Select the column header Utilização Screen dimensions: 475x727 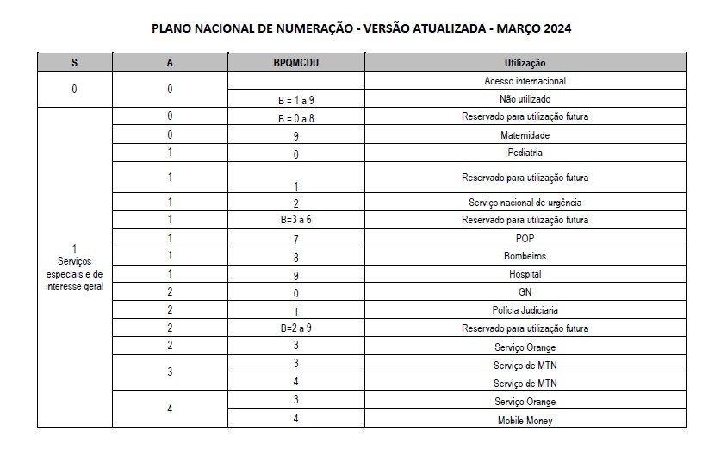tap(525, 63)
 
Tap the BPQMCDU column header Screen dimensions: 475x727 tap(295, 63)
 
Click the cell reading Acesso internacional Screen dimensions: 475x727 tap(525, 81)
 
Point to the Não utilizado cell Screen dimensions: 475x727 tap(525, 99)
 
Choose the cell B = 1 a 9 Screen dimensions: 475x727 tap(295, 99)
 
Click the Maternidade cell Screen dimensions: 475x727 tap(525, 135)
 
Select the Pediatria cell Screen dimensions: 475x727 tap(525, 153)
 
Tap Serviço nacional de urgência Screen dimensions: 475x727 tap(525, 203)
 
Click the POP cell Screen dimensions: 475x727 tap(525, 238)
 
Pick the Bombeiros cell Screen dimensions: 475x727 tap(525, 256)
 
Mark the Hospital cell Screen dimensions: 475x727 tap(525, 274)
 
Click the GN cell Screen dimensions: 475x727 tap(525, 292)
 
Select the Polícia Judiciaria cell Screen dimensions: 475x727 tap(525, 310)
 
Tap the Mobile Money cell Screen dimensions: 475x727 tap(525, 420)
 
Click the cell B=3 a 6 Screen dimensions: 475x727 tap(295, 220)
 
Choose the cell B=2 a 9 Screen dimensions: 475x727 tap(295, 328)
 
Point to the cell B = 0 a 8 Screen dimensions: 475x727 tap(295, 116)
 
